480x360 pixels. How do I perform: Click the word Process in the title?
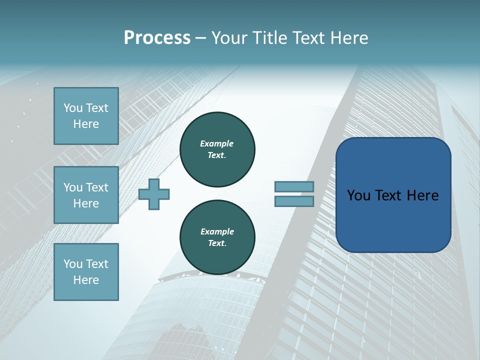tap(157, 38)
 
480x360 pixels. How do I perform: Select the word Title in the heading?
tap(270, 38)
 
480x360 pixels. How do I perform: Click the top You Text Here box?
tap(86, 116)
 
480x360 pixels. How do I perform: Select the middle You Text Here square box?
tap(86, 195)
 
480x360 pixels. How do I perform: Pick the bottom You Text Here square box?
tap(86, 272)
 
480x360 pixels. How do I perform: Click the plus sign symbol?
tap(154, 194)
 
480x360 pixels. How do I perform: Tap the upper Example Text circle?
tap(217, 149)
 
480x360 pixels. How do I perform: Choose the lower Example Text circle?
tap(217, 237)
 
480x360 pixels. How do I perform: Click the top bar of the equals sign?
tap(294, 186)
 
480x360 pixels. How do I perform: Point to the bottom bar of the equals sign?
tap(294, 201)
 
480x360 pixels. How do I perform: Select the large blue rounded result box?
tap(393, 220)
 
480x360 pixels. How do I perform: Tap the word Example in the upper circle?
tap(217, 143)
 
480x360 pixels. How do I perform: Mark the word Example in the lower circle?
tap(217, 231)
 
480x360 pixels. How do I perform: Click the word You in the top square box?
tap(73, 108)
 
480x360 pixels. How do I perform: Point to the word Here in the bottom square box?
tap(86, 280)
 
